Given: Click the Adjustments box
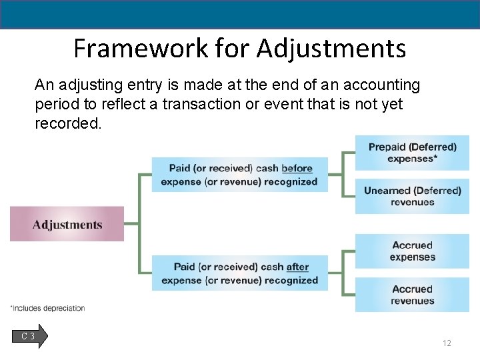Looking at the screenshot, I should coord(67,224).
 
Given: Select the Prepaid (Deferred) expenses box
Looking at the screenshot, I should coord(412,153).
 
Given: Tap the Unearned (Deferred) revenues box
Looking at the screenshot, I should coord(412,196).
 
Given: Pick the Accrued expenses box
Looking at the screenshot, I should coord(412,251).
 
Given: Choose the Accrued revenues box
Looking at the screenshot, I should coord(412,295).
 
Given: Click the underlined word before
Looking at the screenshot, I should coord(297,169).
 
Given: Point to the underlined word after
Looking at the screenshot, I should coord(297,267).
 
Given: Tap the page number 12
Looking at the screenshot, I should coord(447,343).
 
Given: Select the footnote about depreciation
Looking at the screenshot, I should coord(47,308).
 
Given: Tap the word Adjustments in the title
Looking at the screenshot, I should coord(331,49).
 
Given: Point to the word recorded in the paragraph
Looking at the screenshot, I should coord(68,124).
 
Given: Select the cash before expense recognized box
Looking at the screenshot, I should coord(239,175).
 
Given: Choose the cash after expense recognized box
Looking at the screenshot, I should coord(239,273).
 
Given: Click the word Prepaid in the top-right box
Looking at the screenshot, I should coord(387,147).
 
